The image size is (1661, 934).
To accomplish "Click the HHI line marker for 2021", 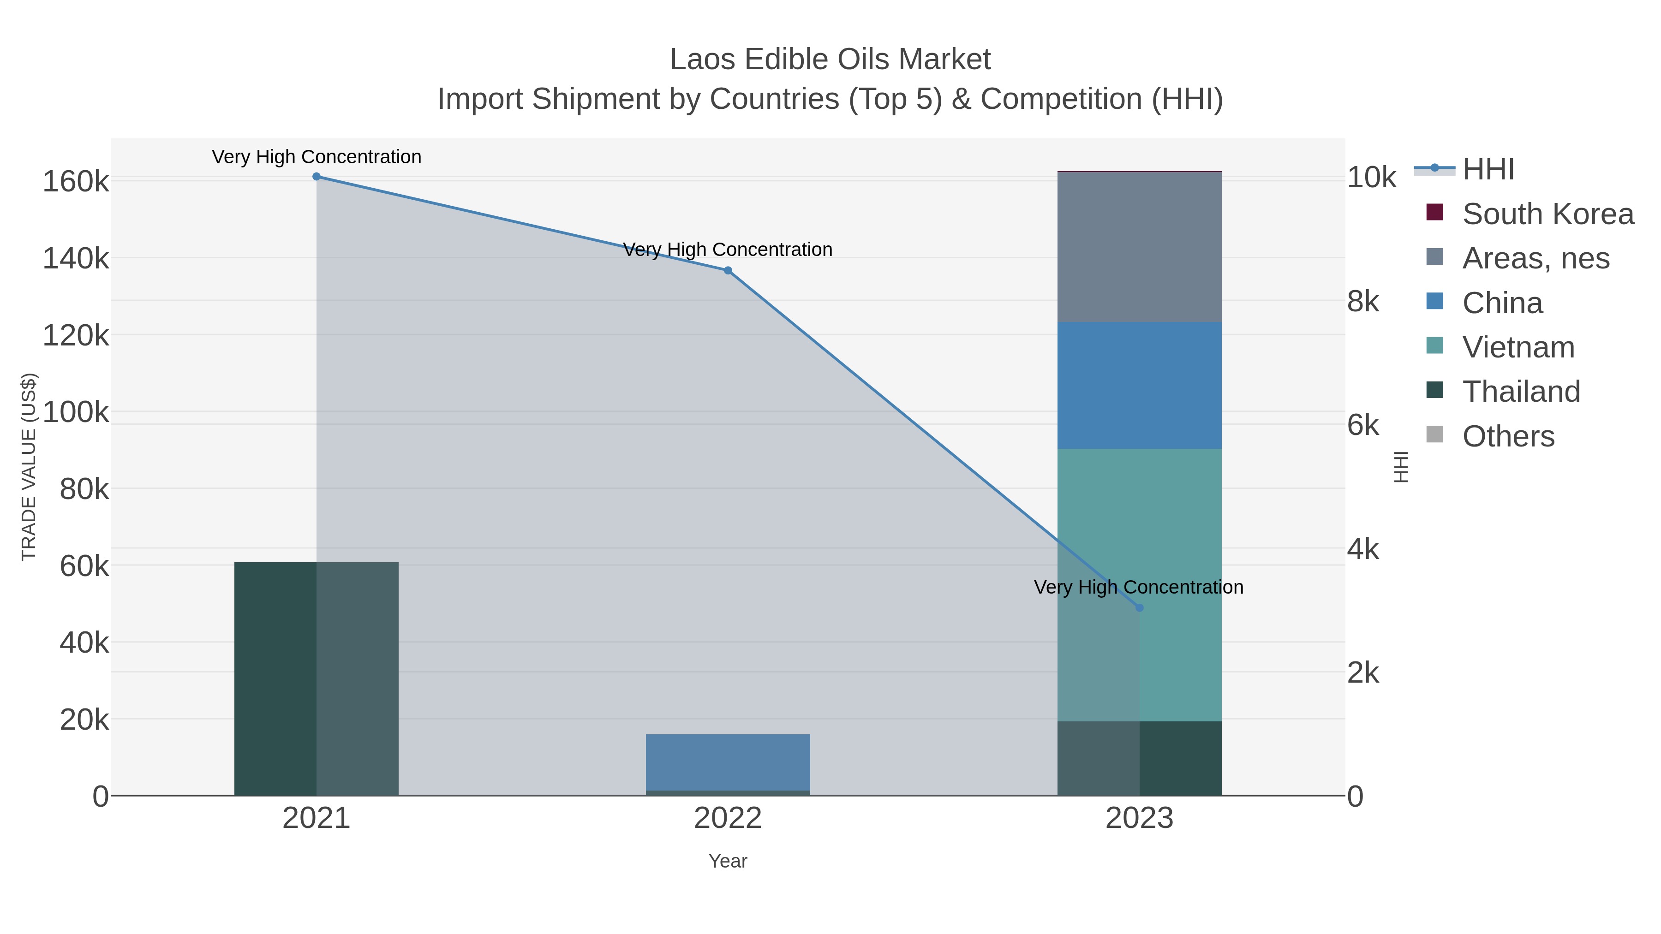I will (317, 177).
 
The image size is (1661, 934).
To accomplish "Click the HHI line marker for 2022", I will (728, 271).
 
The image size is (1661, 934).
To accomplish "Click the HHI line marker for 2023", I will (1139, 608).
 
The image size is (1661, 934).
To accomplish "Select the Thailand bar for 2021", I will (317, 679).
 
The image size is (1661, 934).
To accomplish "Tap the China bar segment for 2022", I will (728, 762).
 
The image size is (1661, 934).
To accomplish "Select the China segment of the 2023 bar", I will (1139, 386).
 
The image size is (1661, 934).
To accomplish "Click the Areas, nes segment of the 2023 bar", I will (1139, 247).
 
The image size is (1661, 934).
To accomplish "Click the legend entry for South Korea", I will (1547, 214).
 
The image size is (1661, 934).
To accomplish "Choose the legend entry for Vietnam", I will (1518, 347).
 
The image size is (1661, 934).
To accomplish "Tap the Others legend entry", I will (1508, 436).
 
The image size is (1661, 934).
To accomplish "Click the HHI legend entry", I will (1488, 170).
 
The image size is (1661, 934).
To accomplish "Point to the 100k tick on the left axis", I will (76, 412).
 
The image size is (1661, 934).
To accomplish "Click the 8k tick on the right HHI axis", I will (1363, 302).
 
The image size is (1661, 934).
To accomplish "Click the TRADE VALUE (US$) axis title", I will (29, 467).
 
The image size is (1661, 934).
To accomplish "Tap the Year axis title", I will (728, 861).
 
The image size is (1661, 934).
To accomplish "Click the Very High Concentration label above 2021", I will (317, 157).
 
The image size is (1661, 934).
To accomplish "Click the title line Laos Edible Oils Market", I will (830, 59).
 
